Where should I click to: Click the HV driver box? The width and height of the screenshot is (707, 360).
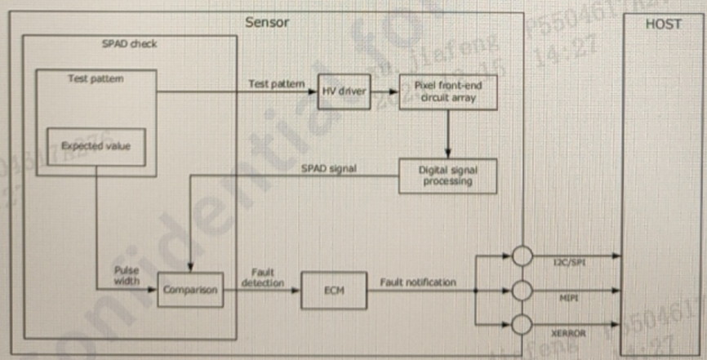342,91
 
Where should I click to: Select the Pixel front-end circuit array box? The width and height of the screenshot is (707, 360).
447,91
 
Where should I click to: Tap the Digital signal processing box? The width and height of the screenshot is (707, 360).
447,176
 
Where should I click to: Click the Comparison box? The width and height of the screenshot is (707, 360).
189,289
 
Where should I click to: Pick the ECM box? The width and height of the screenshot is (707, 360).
333,289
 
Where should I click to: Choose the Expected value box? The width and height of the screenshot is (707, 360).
96,146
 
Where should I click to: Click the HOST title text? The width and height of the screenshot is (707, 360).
663,24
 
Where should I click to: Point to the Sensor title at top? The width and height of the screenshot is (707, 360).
267,22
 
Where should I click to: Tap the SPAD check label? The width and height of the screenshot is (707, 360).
129,43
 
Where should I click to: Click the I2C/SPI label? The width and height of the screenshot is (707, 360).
570,262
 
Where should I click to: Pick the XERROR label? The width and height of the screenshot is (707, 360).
569,332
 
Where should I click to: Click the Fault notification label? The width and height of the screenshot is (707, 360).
417,282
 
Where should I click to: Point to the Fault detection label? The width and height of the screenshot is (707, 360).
262,278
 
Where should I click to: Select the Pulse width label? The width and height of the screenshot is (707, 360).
127,275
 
